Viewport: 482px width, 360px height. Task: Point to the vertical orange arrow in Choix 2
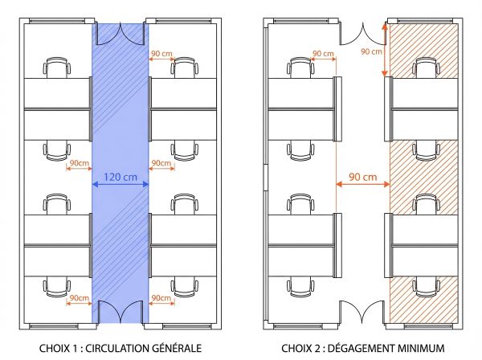click(x=385, y=50)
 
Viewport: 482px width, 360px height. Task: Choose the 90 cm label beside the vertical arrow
click(x=370, y=52)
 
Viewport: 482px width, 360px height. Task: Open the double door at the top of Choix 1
click(x=121, y=33)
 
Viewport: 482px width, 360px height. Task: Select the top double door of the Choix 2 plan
click(x=361, y=34)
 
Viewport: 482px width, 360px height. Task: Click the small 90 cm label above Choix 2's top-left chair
click(x=323, y=53)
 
